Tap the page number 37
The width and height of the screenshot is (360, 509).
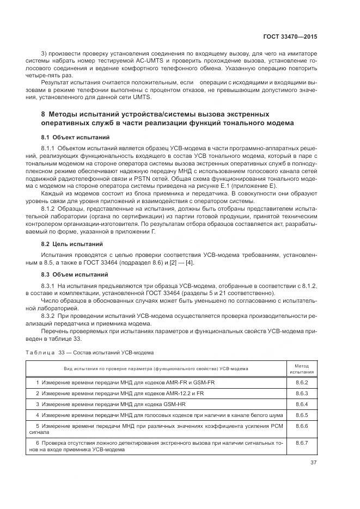click(x=314, y=463)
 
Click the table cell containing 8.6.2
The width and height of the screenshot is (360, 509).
click(x=301, y=382)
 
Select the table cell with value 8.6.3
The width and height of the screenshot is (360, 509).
click(x=301, y=393)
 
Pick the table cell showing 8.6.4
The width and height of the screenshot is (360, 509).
click(x=301, y=404)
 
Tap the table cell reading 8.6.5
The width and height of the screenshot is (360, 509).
click(x=301, y=415)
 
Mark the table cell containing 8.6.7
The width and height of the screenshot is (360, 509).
click(x=301, y=443)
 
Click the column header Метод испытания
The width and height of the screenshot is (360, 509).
click(x=301, y=369)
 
